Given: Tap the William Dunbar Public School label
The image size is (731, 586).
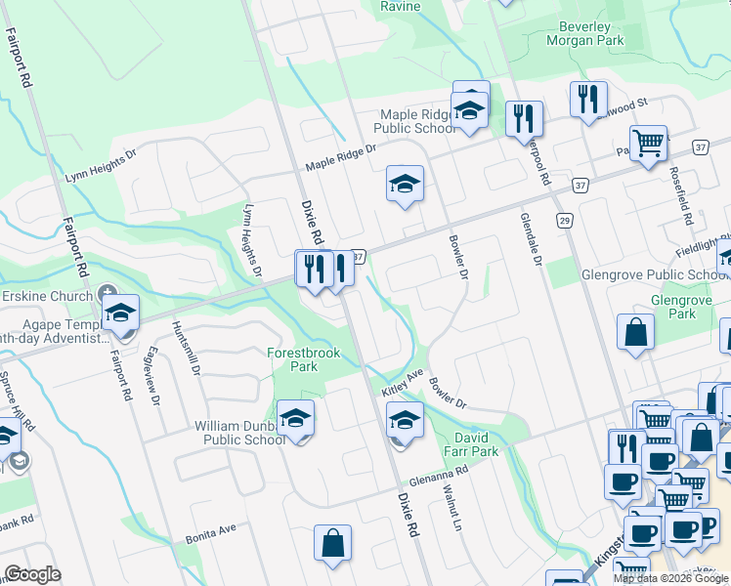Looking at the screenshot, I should click(x=240, y=433).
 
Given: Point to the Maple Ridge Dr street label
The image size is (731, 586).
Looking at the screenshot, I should click(x=340, y=155).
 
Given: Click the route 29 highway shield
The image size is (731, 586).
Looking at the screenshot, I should click(x=565, y=222).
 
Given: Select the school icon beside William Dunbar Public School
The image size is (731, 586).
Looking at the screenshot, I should click(x=295, y=419).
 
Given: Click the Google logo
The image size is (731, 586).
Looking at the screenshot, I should click(x=32, y=574).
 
